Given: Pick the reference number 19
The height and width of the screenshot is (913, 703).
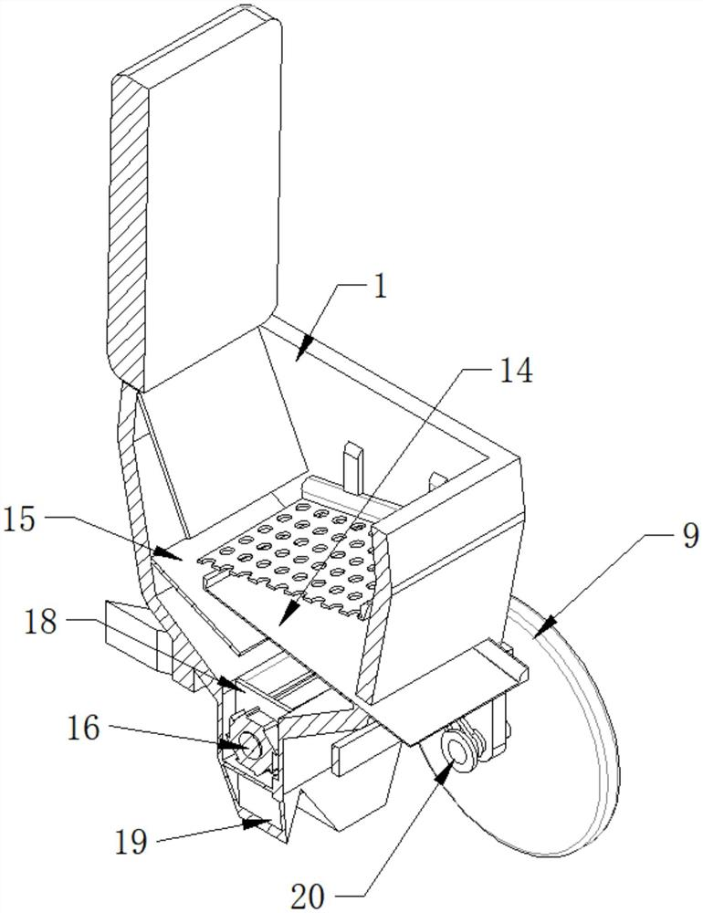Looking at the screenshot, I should [133, 840].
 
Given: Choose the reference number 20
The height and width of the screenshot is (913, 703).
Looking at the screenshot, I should [307, 896].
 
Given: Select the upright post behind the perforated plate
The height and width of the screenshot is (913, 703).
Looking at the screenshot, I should [353, 466].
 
